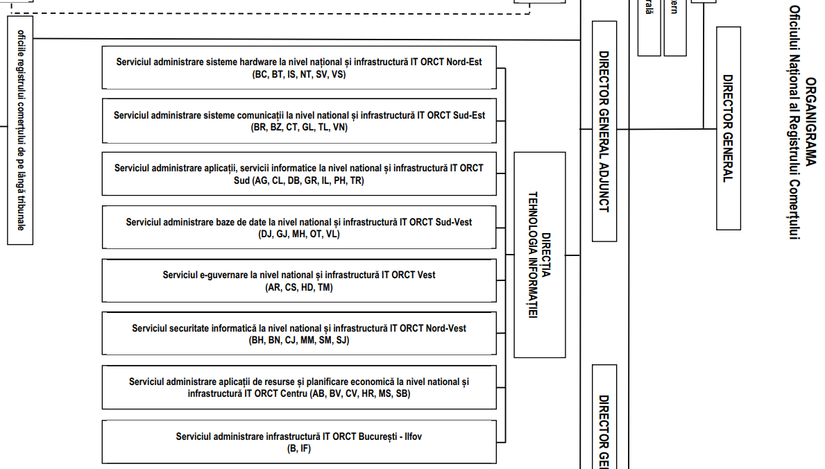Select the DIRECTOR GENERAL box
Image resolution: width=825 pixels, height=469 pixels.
[x=728, y=128]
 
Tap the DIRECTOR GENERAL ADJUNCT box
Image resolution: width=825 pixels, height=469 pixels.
[x=604, y=131]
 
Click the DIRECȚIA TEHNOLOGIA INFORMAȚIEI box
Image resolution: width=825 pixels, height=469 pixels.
[x=540, y=255]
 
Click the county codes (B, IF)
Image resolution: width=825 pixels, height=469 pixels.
[x=299, y=448]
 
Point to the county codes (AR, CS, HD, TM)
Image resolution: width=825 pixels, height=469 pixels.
[x=299, y=287]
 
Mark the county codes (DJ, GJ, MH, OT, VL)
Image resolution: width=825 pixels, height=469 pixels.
[x=299, y=234]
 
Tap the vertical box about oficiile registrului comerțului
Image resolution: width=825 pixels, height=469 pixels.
[x=20, y=130]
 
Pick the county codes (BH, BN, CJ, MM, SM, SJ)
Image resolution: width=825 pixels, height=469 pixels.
[x=299, y=340]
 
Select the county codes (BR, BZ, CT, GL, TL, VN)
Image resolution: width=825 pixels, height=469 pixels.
[x=299, y=128]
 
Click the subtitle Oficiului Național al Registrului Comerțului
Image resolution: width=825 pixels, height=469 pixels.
[x=794, y=122]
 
